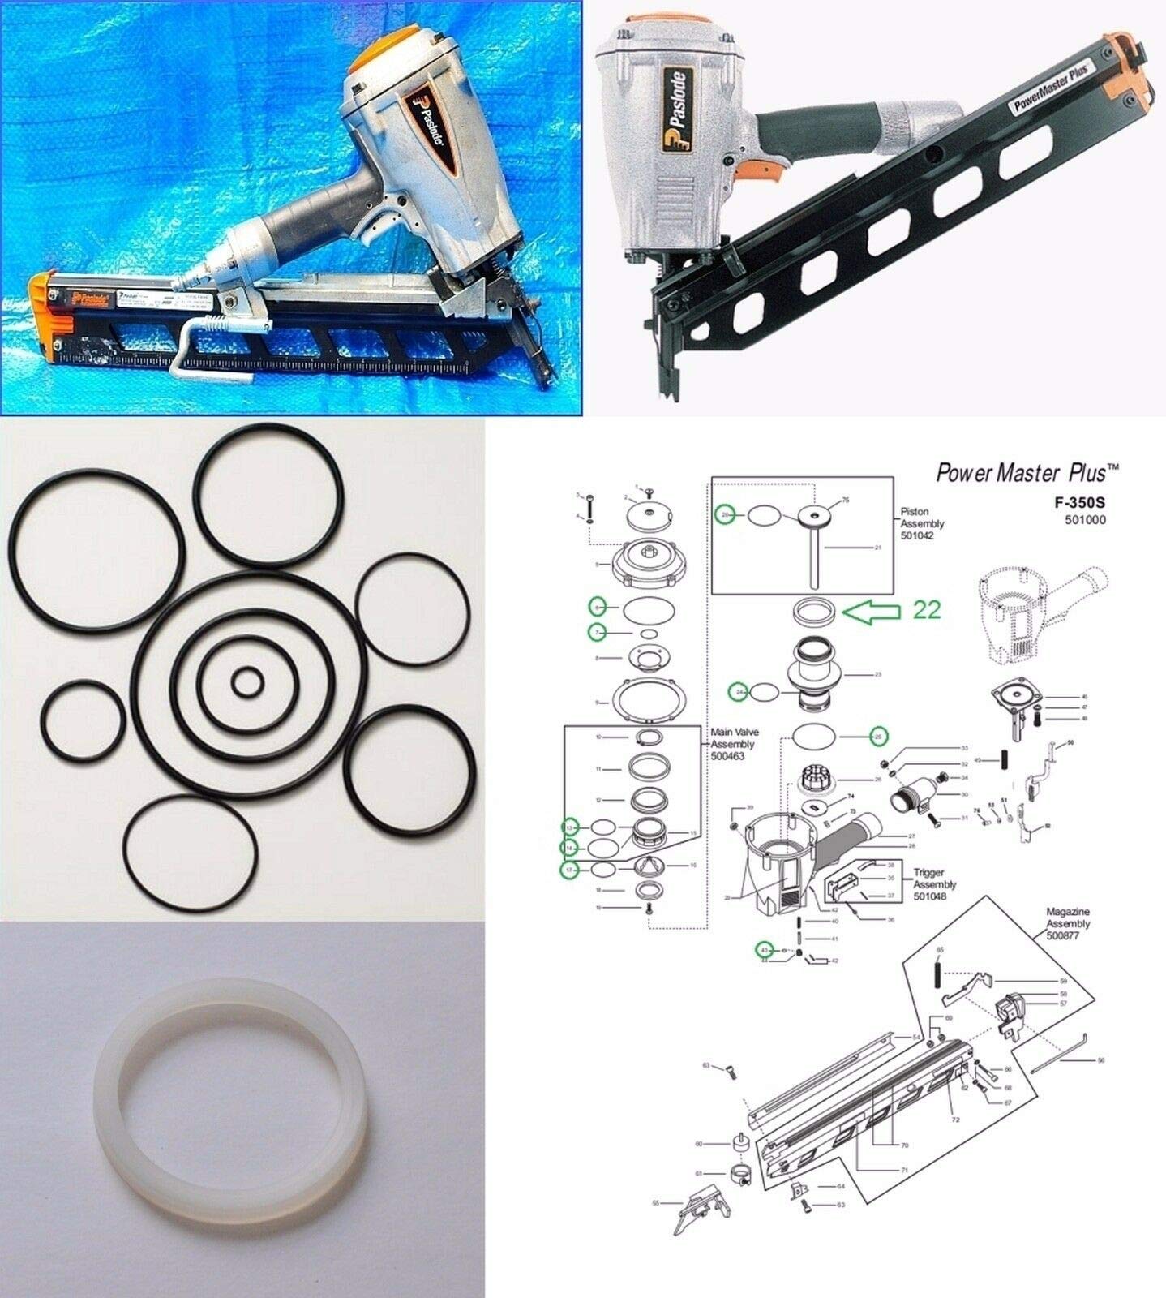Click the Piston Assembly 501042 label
pyautogui.click(x=922, y=524)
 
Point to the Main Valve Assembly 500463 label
pyautogui.click(x=734, y=744)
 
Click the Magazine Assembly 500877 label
pyautogui.click(x=1068, y=924)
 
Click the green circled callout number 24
pyautogui.click(x=739, y=692)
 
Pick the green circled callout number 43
pyautogui.click(x=763, y=949)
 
